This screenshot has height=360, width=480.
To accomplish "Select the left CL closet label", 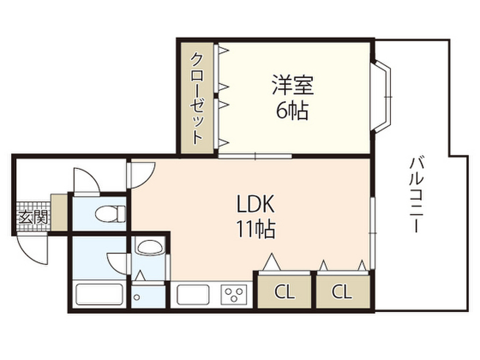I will pos(284,292).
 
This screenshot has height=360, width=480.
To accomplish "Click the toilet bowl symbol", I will pos(110,214).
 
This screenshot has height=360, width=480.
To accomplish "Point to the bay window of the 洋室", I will pos(382,96).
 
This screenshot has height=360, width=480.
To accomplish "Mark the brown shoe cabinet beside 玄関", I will pos(59,212).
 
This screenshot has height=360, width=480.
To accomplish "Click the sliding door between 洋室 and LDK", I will pos(255,156).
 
